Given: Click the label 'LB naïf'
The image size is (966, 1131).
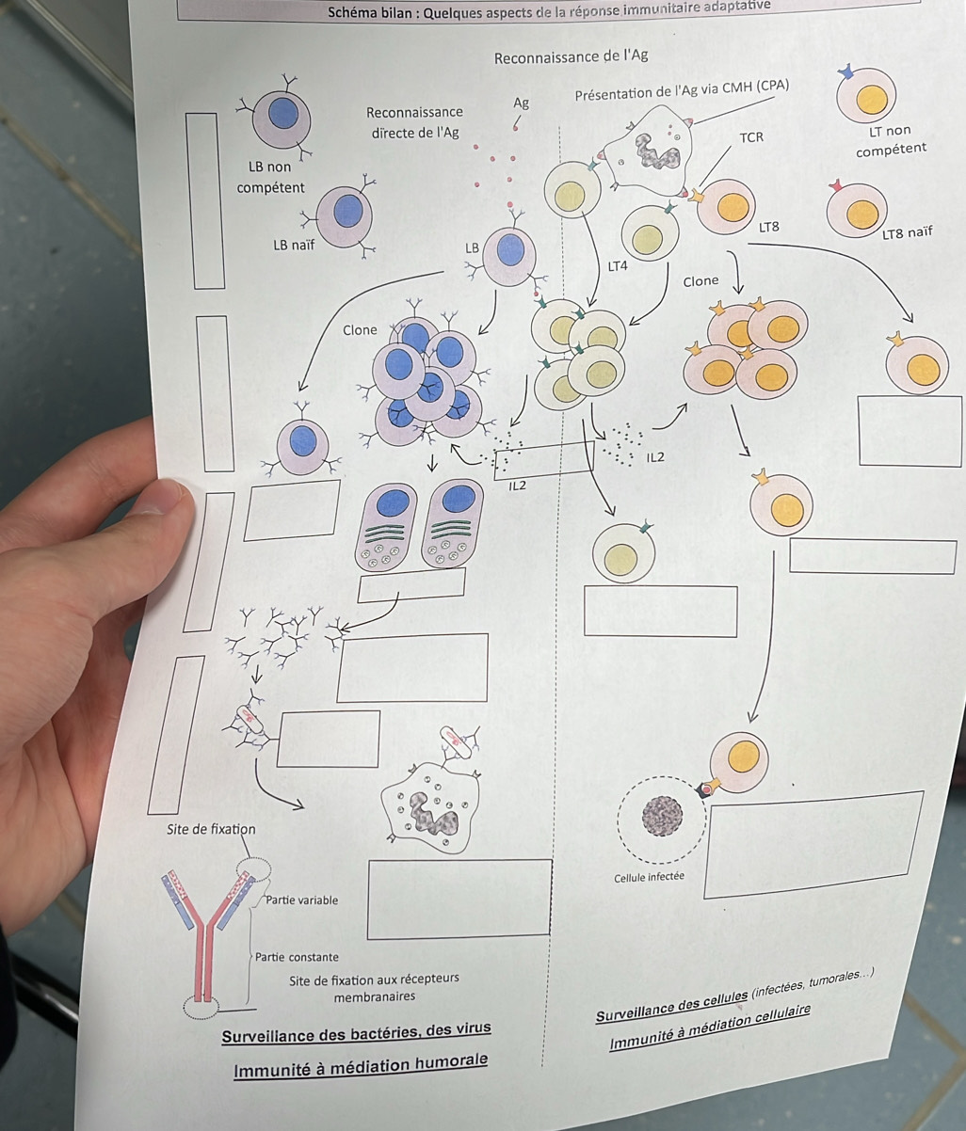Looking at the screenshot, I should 294,246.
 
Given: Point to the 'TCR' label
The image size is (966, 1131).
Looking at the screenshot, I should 751,137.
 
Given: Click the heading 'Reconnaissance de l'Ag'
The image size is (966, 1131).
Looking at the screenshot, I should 571,56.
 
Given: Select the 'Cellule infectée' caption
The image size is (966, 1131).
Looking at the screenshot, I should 649,877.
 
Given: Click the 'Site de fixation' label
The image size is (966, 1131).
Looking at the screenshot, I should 211,829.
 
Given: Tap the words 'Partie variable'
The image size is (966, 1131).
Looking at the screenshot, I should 301,900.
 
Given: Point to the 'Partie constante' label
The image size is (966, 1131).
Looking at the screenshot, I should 297,957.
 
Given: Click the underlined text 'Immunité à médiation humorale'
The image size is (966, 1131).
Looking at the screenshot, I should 362,1064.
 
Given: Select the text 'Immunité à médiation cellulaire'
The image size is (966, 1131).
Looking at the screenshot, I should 710,1029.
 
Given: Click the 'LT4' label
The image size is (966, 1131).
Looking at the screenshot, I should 617,266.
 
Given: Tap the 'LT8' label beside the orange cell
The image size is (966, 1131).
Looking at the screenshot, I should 768,227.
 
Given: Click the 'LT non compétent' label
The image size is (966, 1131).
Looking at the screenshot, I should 891,140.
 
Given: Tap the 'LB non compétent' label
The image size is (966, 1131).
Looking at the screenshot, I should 270,177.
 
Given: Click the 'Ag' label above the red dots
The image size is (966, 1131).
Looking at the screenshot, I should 522,103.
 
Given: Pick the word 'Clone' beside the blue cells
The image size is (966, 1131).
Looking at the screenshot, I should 360,330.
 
